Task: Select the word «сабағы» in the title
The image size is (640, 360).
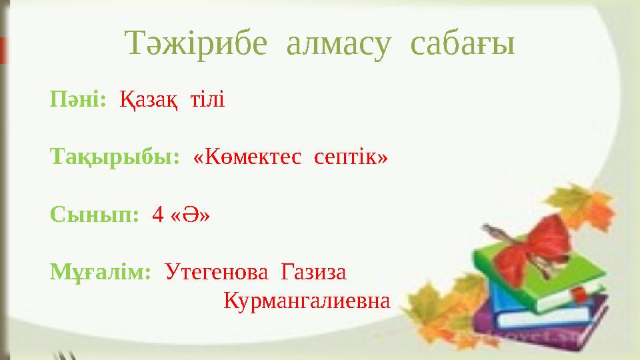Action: pyautogui.click(x=462, y=45)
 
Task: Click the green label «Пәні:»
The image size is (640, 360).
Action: pyautogui.click(x=78, y=101)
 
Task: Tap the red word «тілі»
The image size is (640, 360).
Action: pyautogui.click(x=207, y=101)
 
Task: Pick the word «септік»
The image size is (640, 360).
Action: pyautogui.click(x=349, y=159)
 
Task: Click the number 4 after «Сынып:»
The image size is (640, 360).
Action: pyautogui.click(x=158, y=215)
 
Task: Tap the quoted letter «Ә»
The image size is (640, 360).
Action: pyautogui.click(x=190, y=215)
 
